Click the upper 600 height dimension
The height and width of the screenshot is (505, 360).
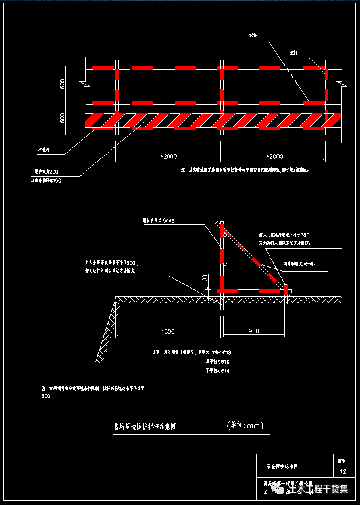[62, 84]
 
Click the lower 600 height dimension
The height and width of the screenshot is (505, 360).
[62, 118]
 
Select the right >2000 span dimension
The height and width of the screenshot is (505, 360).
[275, 156]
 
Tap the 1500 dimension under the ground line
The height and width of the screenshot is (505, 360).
[167, 331]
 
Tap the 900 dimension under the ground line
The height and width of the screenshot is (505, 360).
[254, 331]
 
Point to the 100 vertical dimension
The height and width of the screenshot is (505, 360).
[205, 280]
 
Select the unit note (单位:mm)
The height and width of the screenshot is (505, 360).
[244, 425]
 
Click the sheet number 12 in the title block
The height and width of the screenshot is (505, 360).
[342, 472]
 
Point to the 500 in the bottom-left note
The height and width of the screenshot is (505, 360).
[47, 397]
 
